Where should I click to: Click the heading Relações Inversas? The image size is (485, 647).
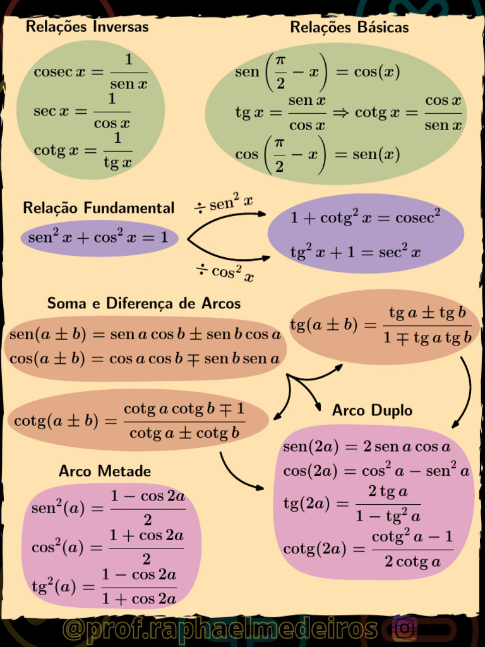point(87,27)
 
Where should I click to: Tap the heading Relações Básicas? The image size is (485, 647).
point(349,27)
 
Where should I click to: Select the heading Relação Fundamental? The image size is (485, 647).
point(99,208)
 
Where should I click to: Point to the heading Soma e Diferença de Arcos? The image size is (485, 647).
point(144,303)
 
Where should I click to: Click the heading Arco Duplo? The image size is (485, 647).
point(372,411)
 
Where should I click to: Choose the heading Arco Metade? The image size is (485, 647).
point(105,471)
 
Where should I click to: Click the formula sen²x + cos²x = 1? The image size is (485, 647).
point(99,238)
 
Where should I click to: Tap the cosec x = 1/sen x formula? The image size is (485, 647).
point(90,71)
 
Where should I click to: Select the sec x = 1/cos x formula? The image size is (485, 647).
point(82,111)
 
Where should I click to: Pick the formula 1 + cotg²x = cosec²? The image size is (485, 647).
point(365,218)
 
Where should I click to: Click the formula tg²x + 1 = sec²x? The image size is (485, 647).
point(355,253)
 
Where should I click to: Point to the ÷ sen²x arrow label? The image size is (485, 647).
point(224,203)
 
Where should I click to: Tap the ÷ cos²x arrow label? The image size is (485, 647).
point(225,272)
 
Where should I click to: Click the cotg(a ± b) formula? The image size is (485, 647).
point(129,420)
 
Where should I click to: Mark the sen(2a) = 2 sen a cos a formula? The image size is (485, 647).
point(367,447)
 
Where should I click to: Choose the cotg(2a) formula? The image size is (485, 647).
point(368,549)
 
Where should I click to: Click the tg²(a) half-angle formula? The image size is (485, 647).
point(104,586)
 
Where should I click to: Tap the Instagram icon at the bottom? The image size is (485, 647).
point(404,629)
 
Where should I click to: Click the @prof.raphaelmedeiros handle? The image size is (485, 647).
point(220,629)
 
